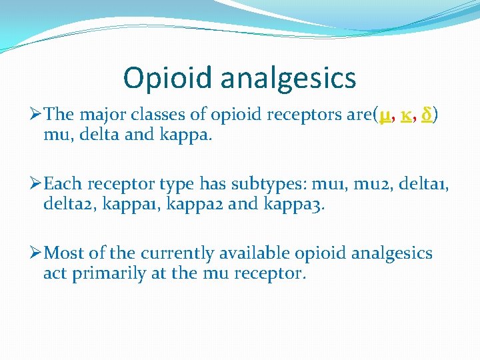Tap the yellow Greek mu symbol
click(385, 117)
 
